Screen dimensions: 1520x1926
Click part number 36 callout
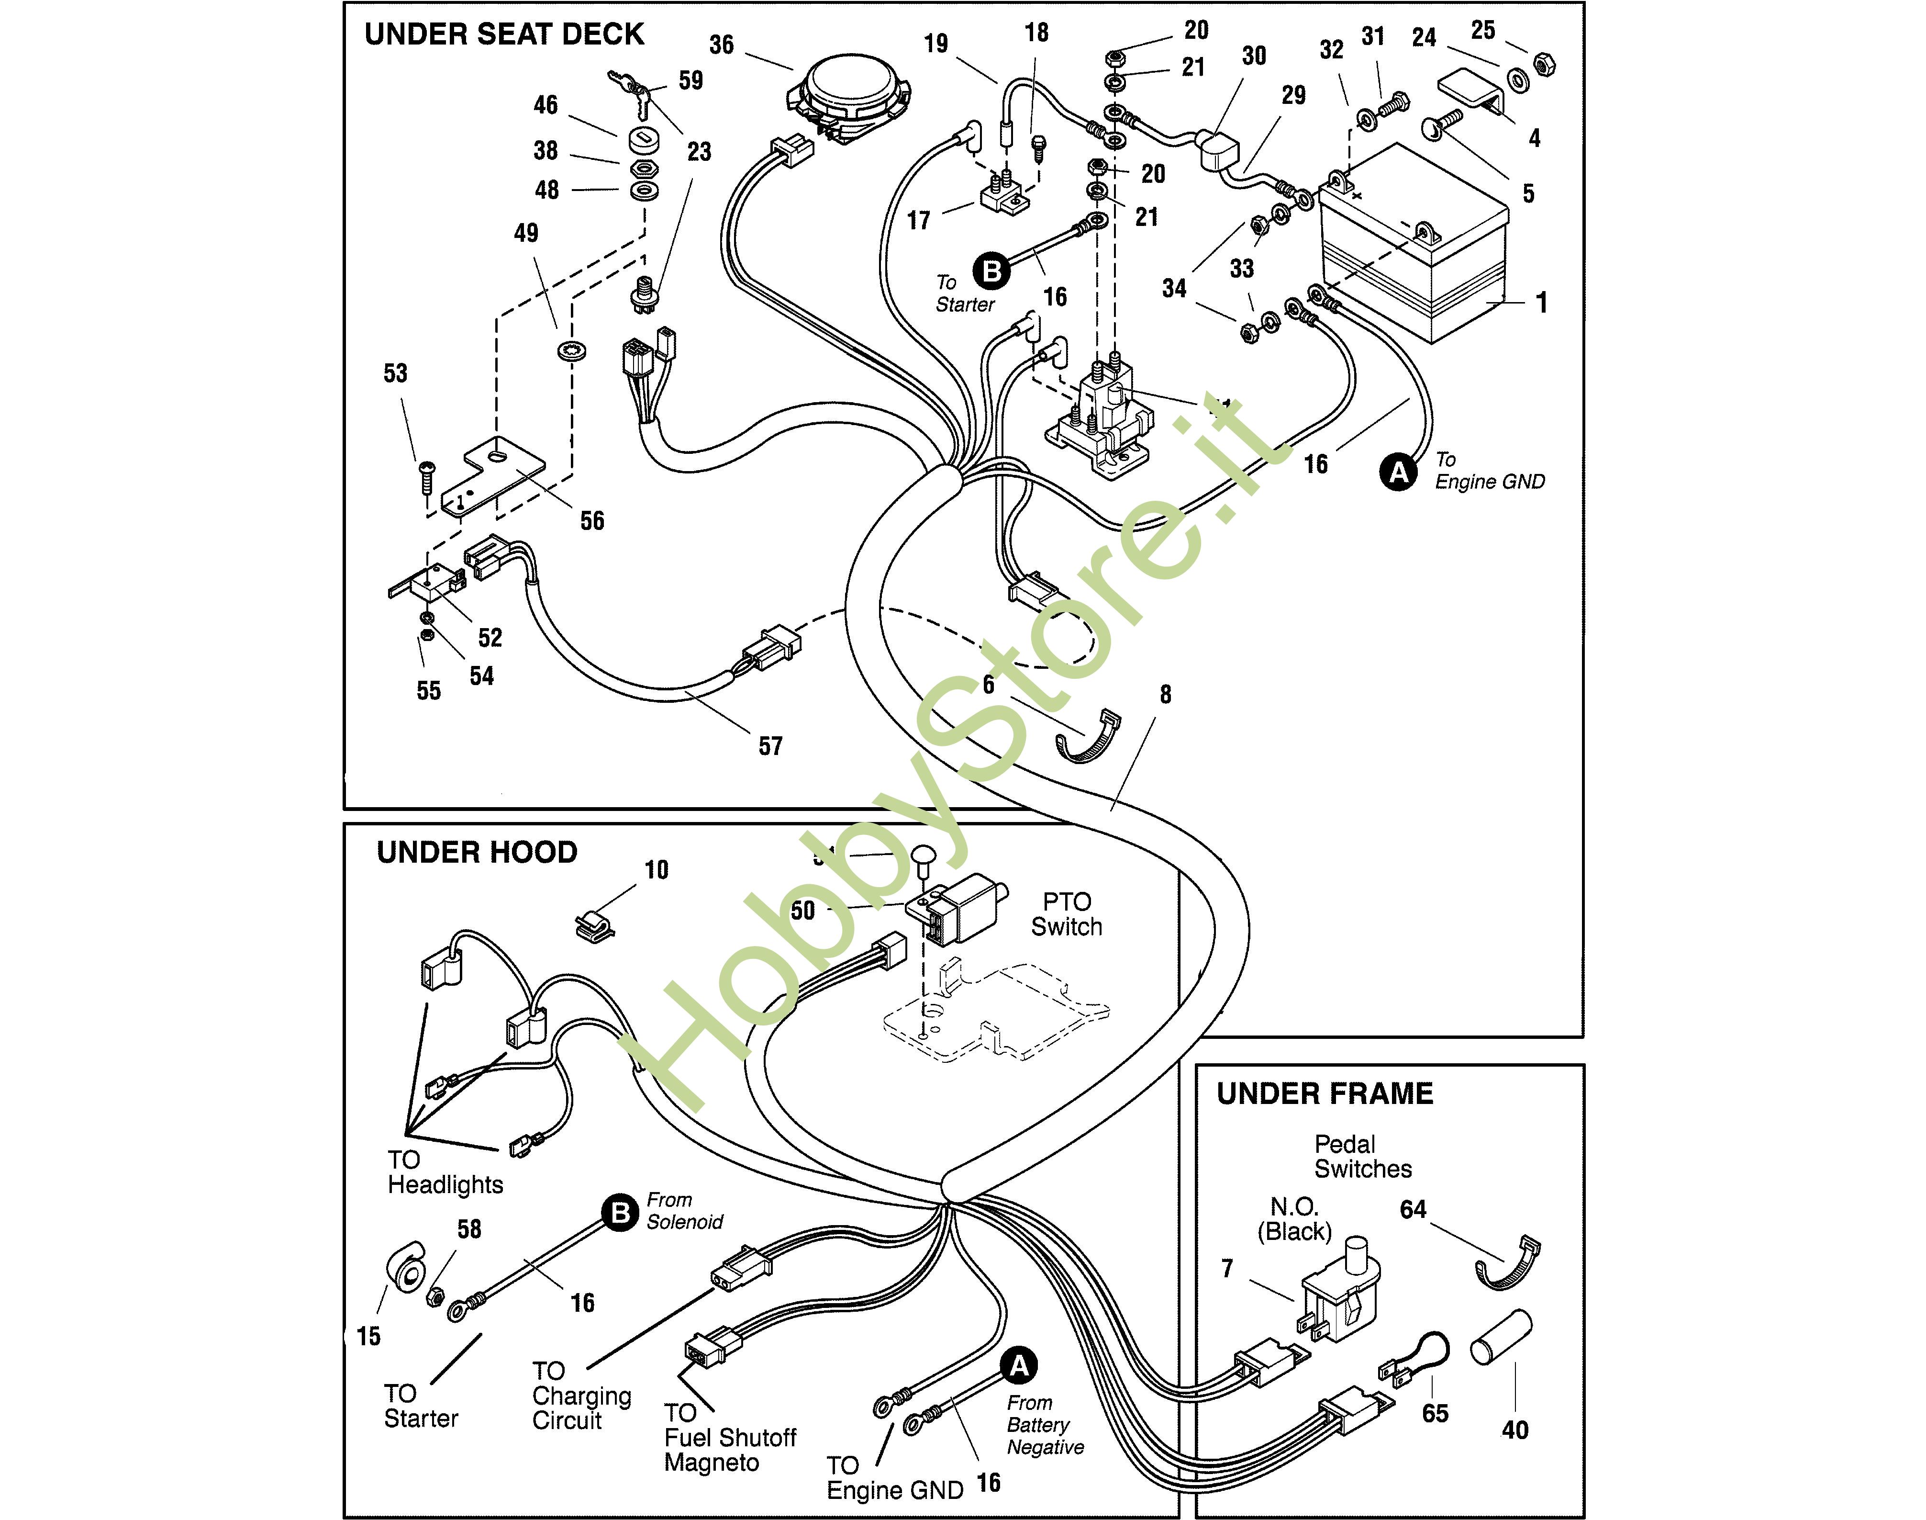[722, 45]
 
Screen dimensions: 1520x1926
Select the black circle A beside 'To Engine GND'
[1399, 472]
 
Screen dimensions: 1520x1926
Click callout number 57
[770, 747]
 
